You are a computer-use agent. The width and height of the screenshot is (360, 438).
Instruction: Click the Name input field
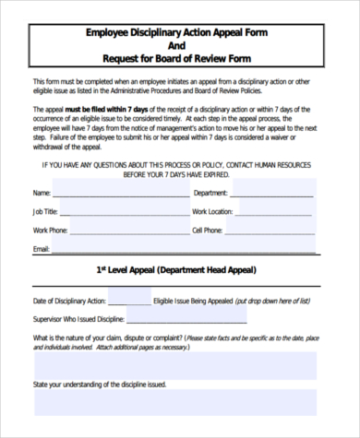tap(120, 193)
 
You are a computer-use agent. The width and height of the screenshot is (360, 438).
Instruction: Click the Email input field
tap(185, 248)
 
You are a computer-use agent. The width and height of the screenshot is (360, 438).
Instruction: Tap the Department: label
tap(210, 194)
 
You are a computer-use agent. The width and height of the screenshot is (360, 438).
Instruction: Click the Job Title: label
tap(45, 212)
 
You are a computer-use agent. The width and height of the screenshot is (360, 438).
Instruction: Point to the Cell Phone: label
tap(208, 231)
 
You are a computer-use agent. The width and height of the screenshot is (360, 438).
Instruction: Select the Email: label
tap(41, 249)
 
